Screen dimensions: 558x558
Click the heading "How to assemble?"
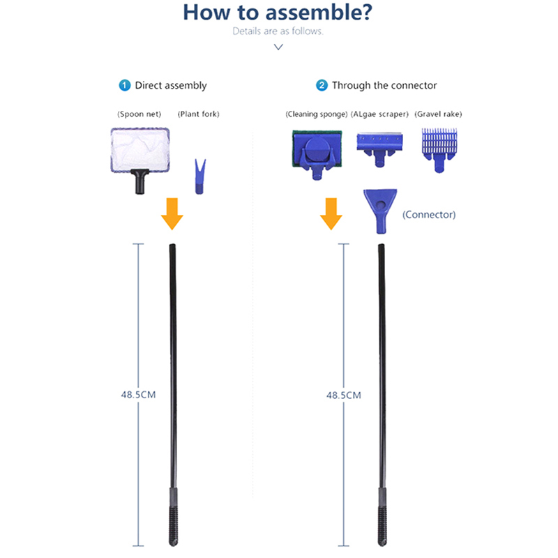pos(278,13)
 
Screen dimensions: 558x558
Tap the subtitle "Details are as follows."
pos(278,31)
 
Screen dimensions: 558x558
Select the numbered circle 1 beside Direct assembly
pos(125,85)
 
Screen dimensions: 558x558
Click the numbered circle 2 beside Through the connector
pos(322,85)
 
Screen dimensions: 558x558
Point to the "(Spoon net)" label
pos(139,114)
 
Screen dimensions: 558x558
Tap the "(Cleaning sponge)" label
pos(316,114)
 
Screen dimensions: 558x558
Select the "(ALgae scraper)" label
pos(381,114)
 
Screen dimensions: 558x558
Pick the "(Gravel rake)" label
pos(438,114)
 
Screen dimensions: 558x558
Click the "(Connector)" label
pos(429,215)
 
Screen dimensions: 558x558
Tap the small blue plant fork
pos(200,177)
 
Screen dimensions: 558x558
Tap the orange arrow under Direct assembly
pos(172,213)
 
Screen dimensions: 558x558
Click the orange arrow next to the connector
pos(331,213)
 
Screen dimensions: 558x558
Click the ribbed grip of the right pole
pos(382,516)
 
